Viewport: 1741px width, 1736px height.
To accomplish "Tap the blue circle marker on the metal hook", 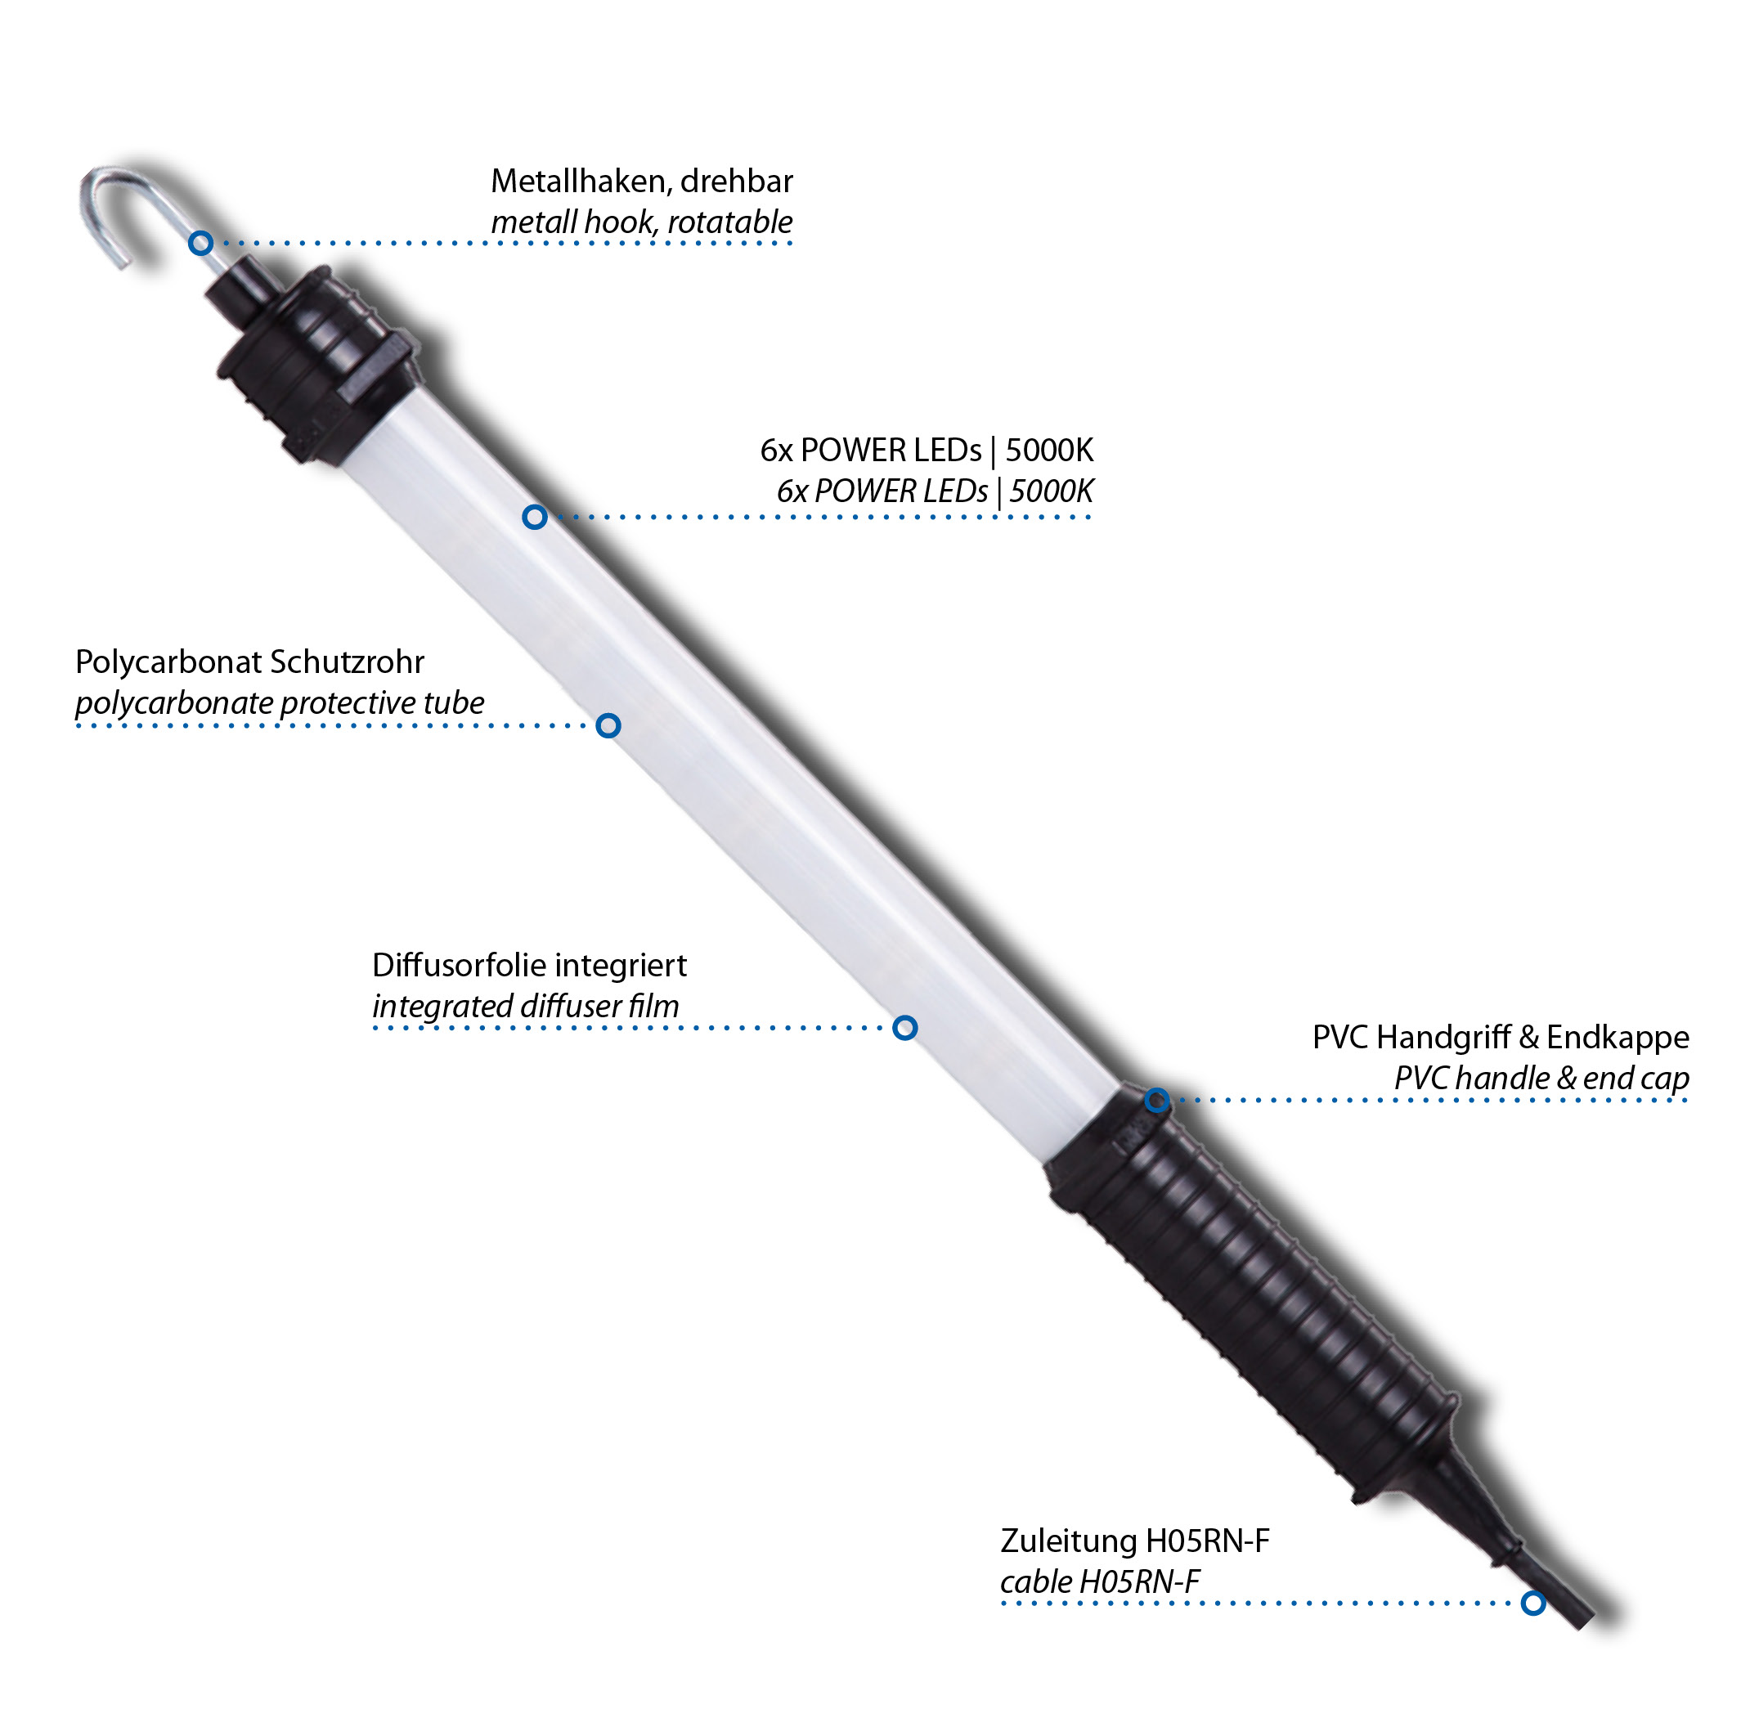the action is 201,243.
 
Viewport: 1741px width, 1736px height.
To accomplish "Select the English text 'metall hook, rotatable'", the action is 642,222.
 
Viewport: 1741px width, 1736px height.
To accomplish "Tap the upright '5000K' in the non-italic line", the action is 1050,450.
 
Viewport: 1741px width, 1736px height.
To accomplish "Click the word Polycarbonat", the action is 168,663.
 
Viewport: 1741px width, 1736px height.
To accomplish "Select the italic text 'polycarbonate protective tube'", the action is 280,703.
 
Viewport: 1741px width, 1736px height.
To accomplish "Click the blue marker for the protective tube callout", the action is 609,726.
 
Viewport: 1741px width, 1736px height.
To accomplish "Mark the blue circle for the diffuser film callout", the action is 905,1028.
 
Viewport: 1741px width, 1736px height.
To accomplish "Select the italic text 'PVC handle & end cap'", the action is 1541,1079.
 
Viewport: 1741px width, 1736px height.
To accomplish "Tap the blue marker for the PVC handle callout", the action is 1158,1100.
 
